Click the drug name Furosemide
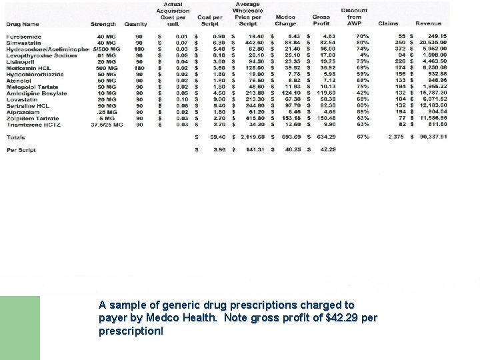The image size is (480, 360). click(x=23, y=36)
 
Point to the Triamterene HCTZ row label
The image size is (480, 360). click(x=34, y=124)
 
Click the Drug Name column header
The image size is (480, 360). click(x=23, y=24)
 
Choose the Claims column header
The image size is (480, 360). click(x=388, y=24)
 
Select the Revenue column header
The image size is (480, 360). click(x=428, y=24)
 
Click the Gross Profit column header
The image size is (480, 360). click(x=321, y=21)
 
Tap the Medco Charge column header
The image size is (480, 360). click(x=285, y=21)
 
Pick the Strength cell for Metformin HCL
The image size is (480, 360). click(x=106, y=68)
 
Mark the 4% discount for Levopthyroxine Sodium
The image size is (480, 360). click(x=364, y=55)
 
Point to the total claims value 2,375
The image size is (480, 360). click(x=396, y=137)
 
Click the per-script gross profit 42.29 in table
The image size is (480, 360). click(x=328, y=149)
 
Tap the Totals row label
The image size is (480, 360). click(x=16, y=137)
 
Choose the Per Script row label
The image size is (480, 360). click(x=21, y=149)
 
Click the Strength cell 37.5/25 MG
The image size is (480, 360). click(x=107, y=124)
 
